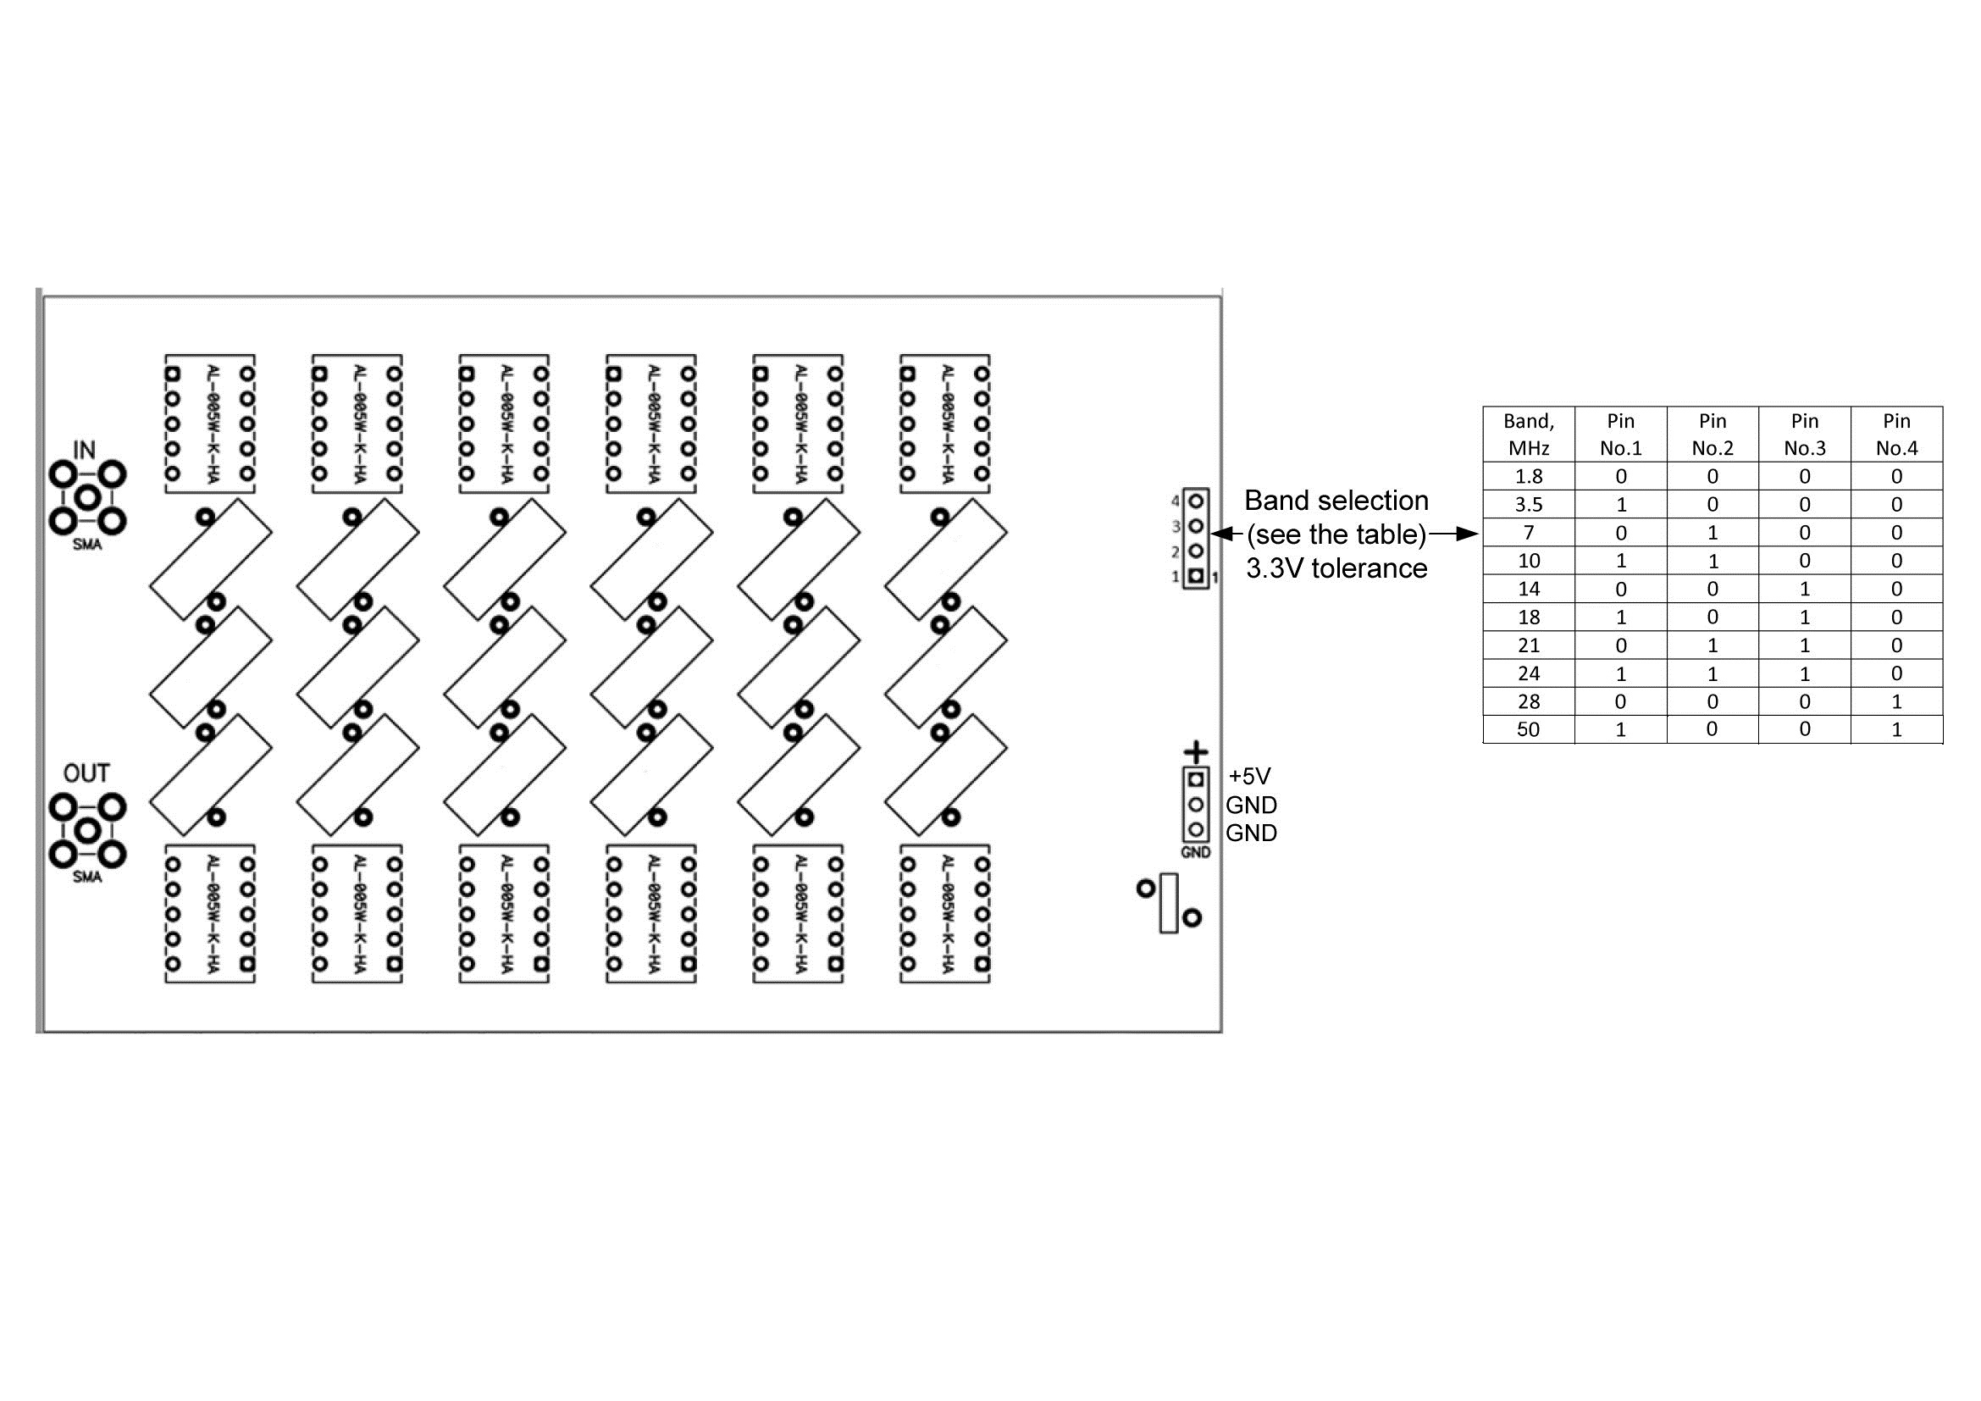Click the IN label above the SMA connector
point(84,451)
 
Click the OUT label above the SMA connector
point(86,773)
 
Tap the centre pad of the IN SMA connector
point(87,497)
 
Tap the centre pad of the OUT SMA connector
point(87,831)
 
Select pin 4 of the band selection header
point(1196,501)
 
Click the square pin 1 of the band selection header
point(1196,576)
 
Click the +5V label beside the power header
point(1249,777)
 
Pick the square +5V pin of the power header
point(1196,780)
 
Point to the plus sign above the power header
point(1196,752)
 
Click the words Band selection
point(1336,501)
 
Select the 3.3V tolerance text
point(1336,568)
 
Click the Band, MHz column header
point(1529,434)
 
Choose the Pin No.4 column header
point(1896,434)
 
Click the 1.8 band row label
point(1529,476)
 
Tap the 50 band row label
point(1529,730)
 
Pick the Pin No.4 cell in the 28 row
point(1896,701)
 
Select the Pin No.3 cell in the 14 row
point(1804,590)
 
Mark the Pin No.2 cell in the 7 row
point(1713,533)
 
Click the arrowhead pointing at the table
point(1469,534)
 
